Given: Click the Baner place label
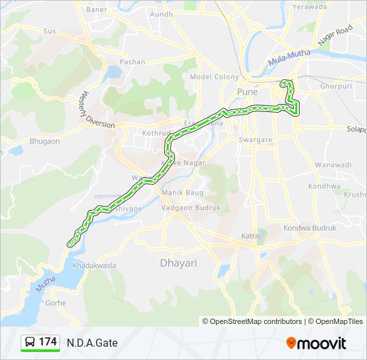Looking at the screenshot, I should tap(96, 10).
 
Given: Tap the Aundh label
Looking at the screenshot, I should tap(161, 14).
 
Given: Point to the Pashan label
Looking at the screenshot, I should tap(132, 62).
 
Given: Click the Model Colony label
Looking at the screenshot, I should tap(214, 77).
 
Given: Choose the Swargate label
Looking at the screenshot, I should tap(256, 140).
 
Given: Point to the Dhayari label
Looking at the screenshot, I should tap(178, 263).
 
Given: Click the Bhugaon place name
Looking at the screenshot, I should tap(45, 141).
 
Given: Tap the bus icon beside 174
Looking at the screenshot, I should tap(30, 342).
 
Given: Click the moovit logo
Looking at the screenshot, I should tap(316, 343).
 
